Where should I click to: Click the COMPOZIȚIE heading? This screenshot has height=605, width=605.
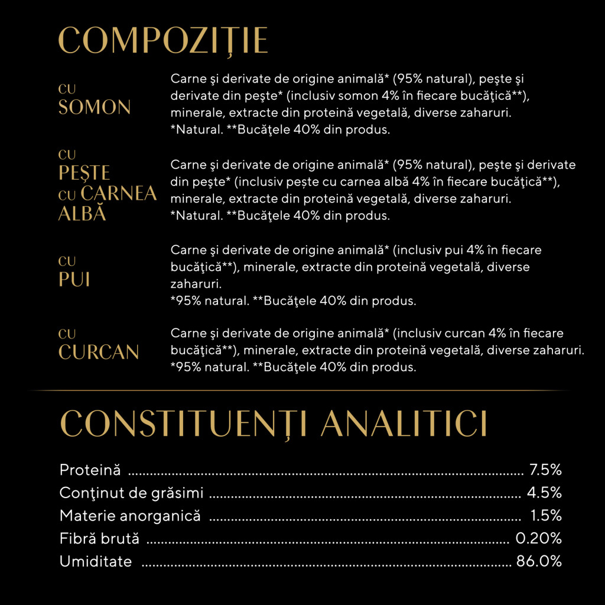(163, 41)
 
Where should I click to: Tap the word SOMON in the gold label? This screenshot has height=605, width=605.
(95, 108)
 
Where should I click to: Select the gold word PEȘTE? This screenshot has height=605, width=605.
(84, 173)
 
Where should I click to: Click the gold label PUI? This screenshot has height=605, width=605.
(74, 279)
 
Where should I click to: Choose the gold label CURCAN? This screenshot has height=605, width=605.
(99, 352)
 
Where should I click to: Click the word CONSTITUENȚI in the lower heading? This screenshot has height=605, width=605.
(181, 424)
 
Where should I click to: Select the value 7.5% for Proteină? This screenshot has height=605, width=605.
(545, 470)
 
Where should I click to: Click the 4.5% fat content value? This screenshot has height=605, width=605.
(545, 493)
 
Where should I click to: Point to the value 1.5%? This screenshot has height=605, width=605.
(546, 516)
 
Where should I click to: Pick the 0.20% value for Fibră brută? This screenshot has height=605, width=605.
(538, 538)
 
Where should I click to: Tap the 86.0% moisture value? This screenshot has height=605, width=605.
(539, 561)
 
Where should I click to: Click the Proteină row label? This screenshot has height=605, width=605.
(90, 470)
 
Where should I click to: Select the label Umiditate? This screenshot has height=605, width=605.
(96, 561)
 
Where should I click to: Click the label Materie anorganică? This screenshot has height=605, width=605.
(130, 516)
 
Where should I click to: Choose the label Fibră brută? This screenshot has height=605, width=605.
(99, 538)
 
